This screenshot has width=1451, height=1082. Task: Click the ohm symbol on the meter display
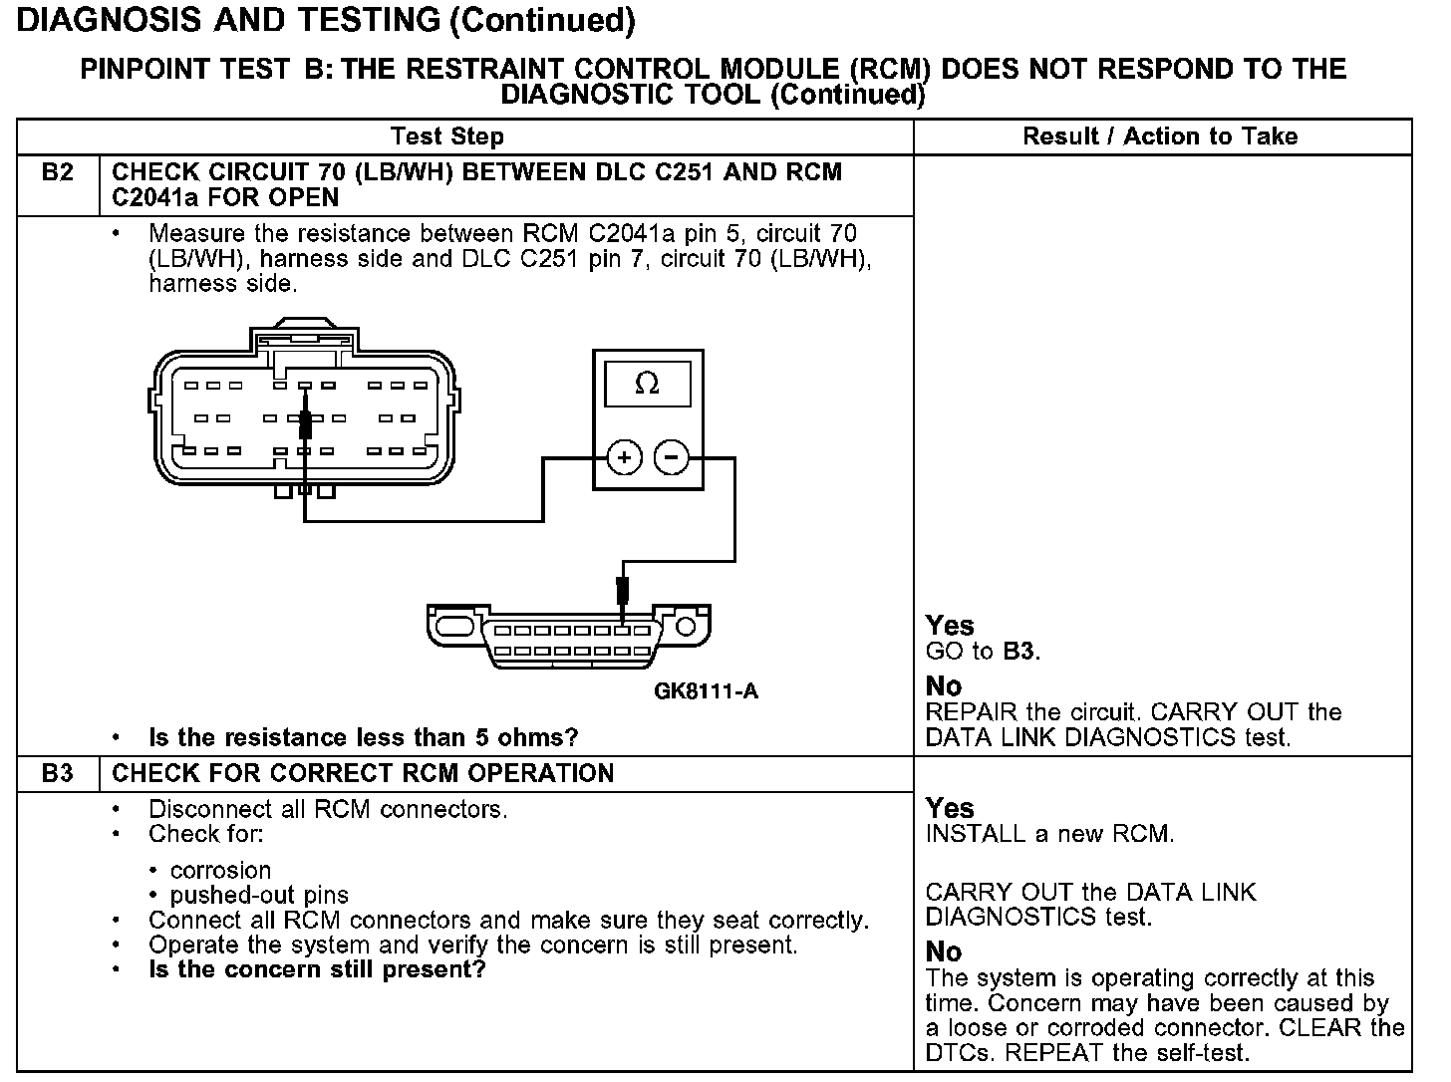[x=647, y=384]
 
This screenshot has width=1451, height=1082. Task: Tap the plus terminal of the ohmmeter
[x=624, y=458]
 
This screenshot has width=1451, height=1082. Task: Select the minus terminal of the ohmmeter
[x=672, y=458]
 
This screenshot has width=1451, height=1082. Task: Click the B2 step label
[x=58, y=172]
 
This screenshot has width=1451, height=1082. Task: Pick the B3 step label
[x=58, y=773]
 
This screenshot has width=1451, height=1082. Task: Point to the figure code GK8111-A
[x=706, y=690]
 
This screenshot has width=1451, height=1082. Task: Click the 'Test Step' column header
[x=447, y=136]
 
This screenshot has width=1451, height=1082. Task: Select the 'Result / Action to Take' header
[x=1160, y=136]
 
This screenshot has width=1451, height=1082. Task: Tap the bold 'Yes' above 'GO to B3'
[x=949, y=626]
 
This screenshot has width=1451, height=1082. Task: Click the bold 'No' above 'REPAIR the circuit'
[x=943, y=686]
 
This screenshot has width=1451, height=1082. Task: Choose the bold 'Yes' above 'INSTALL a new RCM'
[x=949, y=808]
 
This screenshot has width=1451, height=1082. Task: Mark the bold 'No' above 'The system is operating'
[x=943, y=951]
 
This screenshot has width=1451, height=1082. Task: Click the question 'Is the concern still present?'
[x=317, y=969]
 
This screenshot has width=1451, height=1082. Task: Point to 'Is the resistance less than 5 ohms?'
[x=363, y=738]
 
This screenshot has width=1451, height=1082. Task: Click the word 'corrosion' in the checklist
[x=220, y=870]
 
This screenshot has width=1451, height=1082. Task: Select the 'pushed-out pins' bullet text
[x=259, y=895]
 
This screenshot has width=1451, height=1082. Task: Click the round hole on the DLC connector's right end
[x=685, y=627]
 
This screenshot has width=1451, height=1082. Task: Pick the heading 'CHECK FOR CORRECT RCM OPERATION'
[x=363, y=773]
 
